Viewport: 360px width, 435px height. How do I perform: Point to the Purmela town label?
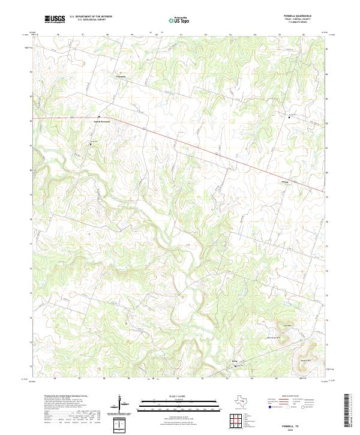tap(121, 77)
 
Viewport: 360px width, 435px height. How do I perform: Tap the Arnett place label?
tap(285, 181)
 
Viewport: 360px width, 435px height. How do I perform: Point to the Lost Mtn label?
tap(286, 326)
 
